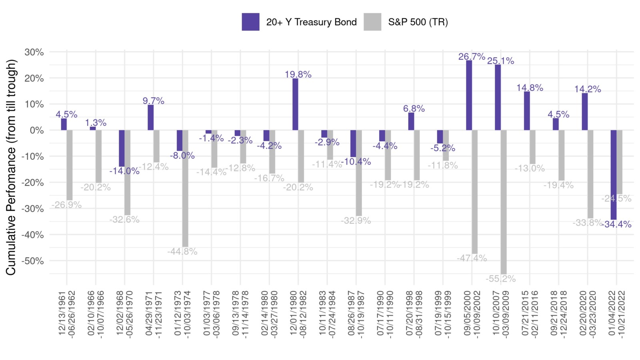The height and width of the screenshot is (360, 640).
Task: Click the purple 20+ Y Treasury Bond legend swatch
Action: coord(250,22)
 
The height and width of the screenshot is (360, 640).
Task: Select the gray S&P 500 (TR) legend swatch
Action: coord(372,22)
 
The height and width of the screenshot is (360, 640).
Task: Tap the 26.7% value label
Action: coord(472,56)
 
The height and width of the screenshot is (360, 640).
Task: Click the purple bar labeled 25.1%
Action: coord(498,97)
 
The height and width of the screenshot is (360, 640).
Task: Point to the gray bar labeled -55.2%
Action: coord(504,202)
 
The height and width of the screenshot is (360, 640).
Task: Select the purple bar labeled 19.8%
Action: coord(295,104)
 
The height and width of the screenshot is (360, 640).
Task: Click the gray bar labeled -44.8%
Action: coord(185,188)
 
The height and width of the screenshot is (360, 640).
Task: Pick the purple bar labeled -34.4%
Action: coord(613,175)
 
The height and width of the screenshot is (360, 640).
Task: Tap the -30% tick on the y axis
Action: coord(34,208)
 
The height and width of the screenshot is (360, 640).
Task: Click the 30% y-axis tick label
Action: coord(34,52)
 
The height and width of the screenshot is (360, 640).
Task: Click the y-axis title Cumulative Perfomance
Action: coord(11,167)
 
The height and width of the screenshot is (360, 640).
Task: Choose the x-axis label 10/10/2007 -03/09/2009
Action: coord(501,314)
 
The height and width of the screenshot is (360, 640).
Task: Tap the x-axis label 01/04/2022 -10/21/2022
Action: coord(616,314)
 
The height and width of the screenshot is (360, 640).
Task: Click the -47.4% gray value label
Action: coord(472,258)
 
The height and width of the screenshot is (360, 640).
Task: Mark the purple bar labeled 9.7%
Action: coord(150,117)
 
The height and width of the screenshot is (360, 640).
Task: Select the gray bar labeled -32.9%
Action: coord(359,173)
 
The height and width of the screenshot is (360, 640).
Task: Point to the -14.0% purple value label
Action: coord(124,171)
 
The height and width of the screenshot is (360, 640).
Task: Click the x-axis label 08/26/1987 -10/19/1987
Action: coord(356,314)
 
